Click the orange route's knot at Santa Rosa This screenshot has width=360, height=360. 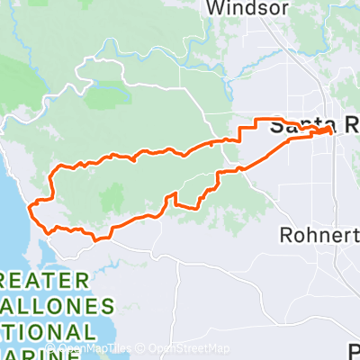coord(324,130)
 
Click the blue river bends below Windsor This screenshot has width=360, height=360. coord(216,40)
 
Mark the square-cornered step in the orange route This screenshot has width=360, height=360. coord(240,135)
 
